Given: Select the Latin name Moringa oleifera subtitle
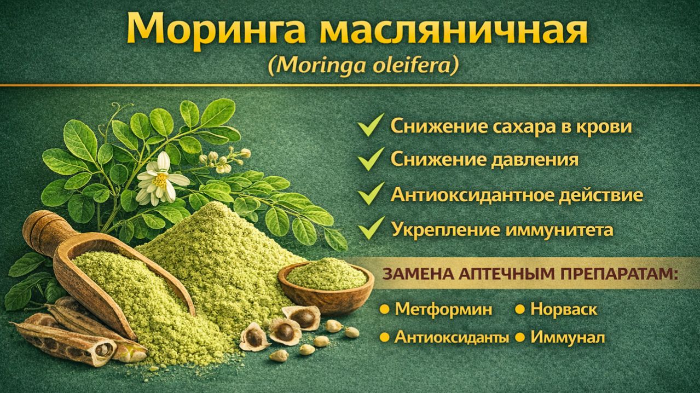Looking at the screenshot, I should (x=363, y=66).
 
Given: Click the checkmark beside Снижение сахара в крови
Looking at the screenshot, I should (x=370, y=126).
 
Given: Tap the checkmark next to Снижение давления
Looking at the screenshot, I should (x=370, y=159).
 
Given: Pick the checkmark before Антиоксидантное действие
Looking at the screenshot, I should (x=370, y=194).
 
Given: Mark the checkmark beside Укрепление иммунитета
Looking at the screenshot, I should (x=370, y=228).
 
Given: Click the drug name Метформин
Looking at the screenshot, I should (x=443, y=310).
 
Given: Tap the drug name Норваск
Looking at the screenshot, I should (x=564, y=310).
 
